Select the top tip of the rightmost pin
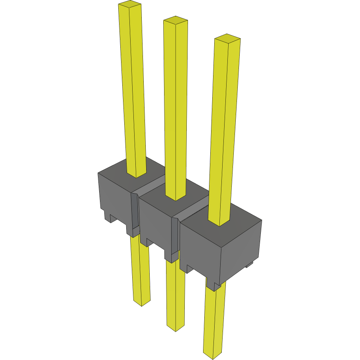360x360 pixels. click(227, 39)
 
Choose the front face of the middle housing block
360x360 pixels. click(155, 223)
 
